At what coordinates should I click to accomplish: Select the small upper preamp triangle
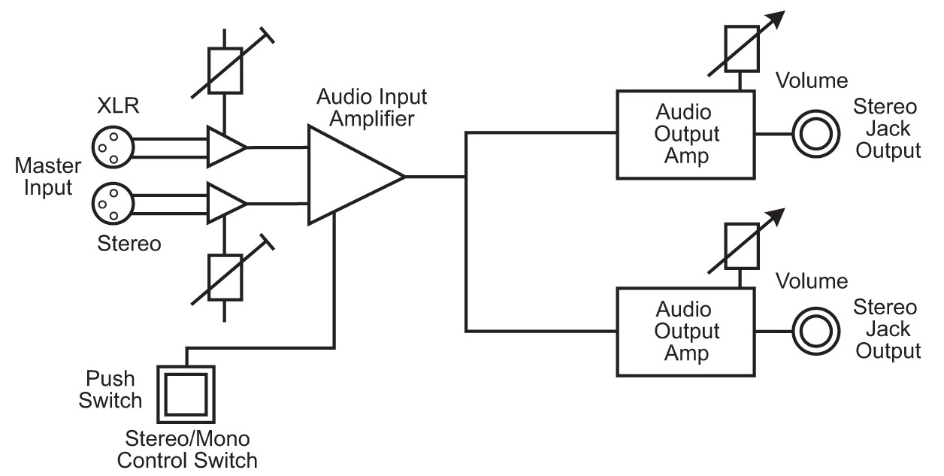point(224,146)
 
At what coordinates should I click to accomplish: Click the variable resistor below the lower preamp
point(224,278)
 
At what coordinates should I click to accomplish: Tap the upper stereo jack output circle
point(815,135)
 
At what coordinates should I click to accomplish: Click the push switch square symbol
point(186,395)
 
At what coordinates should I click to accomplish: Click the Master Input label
point(47,175)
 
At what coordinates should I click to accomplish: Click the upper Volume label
point(812,81)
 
